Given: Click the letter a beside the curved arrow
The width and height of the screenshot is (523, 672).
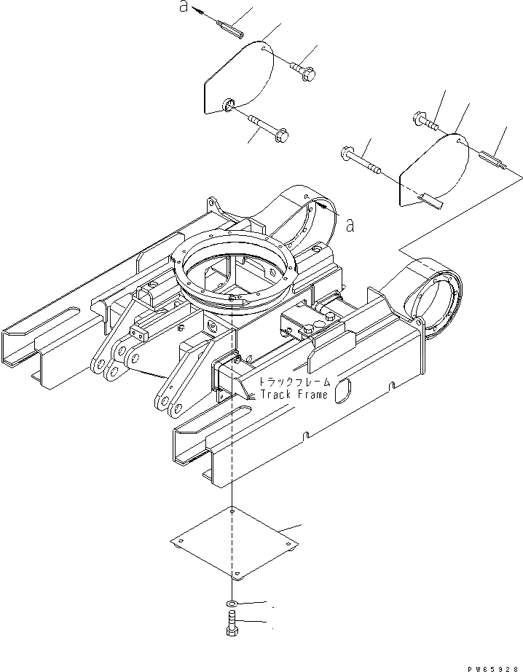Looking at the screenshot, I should tap(350, 225).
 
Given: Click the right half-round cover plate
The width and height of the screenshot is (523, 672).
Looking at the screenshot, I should tap(433, 171).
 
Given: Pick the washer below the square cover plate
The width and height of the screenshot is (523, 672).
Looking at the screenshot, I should tap(232, 604).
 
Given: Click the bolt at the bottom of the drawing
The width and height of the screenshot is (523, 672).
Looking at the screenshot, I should tap(232, 625).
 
